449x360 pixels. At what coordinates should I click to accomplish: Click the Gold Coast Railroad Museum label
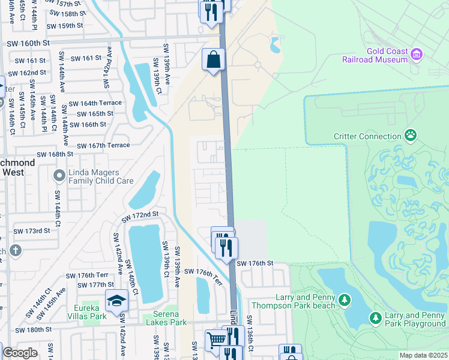click(x=375, y=56)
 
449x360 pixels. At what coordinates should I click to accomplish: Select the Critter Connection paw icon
click(x=411, y=135)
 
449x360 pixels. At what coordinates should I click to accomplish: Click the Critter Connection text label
click(x=367, y=136)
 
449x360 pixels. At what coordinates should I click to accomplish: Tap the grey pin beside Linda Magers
click(x=58, y=176)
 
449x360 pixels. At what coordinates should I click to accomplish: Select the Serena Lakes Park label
click(x=166, y=318)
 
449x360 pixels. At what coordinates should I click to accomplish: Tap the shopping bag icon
click(x=213, y=60)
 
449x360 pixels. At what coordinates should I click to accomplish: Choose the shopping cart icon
click(x=216, y=340)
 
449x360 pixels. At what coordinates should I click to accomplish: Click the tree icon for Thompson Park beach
click(x=345, y=299)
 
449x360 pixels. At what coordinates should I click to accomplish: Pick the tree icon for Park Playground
click(x=376, y=317)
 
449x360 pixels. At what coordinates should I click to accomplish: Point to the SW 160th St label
click(x=28, y=43)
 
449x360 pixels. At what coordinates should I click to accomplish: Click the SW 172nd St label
click(x=140, y=214)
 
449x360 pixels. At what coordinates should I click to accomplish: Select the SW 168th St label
click(x=55, y=154)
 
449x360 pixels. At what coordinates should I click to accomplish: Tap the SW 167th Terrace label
click(x=103, y=145)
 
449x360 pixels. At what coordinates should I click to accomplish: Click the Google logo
click(x=20, y=353)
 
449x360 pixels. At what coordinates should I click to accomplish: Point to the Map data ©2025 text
click(x=423, y=355)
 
